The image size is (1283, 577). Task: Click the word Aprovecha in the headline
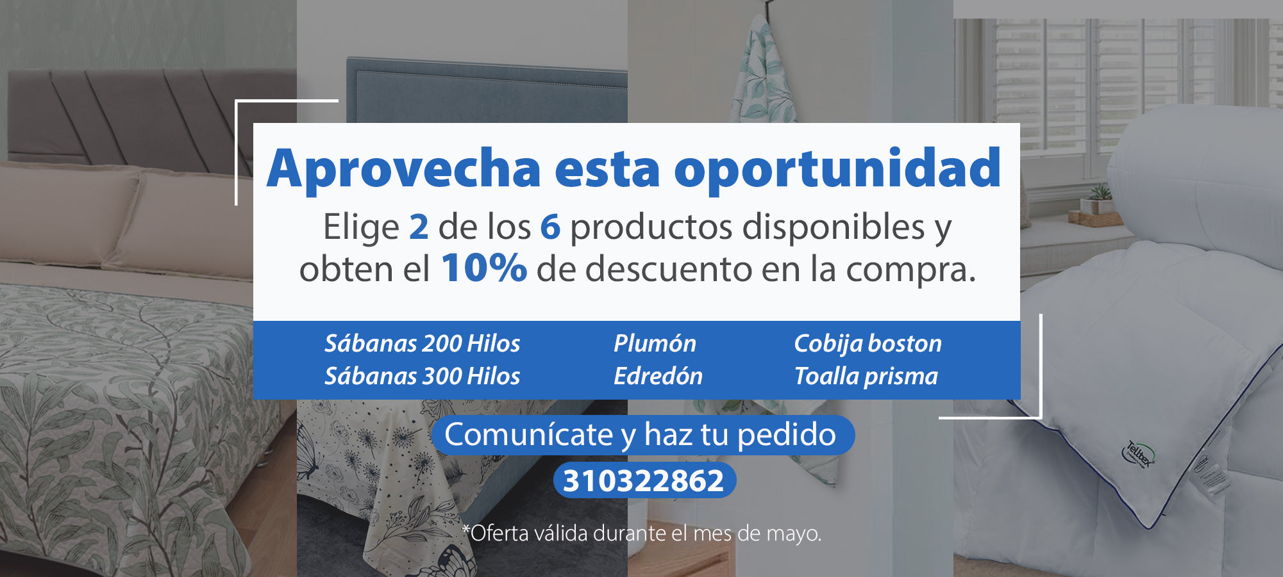pos(404,168)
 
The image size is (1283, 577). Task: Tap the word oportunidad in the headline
pos(837,168)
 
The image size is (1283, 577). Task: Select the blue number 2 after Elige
pos(419,227)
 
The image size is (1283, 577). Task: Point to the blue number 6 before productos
pos(550,227)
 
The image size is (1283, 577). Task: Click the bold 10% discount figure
pos(484,268)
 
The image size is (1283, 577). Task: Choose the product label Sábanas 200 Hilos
pos(422,343)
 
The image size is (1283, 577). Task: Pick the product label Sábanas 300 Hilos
pos(422,376)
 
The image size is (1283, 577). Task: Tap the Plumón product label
pos(655,343)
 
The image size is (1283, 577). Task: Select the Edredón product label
pos(658,376)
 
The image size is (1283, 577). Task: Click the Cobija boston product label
pos(868,344)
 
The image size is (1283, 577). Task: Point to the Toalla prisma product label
pos(866,377)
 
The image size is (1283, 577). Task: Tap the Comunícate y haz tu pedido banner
pos(642,435)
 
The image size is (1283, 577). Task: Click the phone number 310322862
pos(644,481)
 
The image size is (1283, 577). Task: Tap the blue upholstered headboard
pos(487,90)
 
